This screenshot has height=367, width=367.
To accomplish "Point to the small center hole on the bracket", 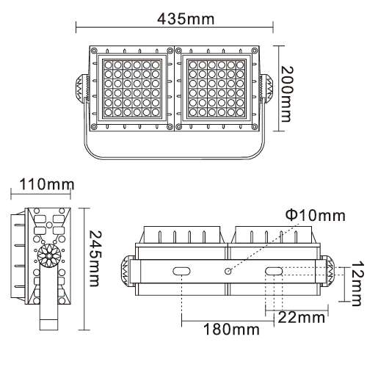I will click(x=228, y=272).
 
